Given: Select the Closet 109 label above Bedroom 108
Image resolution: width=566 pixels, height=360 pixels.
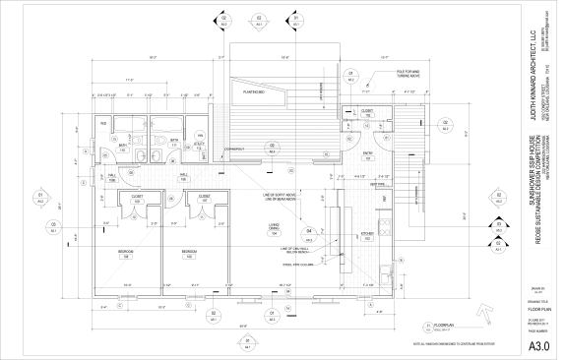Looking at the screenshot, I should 136,198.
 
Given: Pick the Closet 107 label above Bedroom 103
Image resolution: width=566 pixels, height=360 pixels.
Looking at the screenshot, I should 204,198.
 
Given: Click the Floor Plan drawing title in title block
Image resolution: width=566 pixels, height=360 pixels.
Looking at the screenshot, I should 536,308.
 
